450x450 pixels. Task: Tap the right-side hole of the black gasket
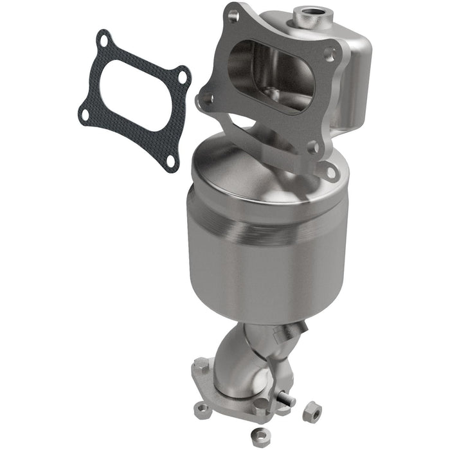pos(183,77)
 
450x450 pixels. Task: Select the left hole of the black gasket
pos(84,115)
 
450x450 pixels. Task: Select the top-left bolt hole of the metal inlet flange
pos(233,14)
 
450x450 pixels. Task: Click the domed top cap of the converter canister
pos(257,161)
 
